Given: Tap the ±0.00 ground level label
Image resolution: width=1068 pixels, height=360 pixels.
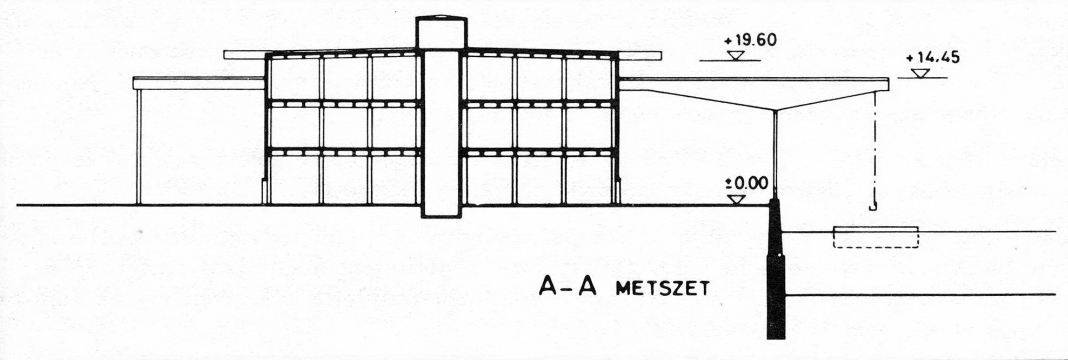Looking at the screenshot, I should click(746, 183).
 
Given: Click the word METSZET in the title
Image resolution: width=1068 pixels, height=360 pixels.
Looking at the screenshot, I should click(662, 289).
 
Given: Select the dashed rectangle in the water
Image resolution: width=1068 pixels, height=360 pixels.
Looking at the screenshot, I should click(876, 237).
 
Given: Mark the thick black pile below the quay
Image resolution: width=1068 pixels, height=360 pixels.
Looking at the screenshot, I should click(776, 281).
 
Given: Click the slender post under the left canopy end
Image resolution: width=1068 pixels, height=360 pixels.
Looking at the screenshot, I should click(139, 146).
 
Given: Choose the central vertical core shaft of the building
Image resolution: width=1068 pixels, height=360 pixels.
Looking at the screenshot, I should click(441, 135).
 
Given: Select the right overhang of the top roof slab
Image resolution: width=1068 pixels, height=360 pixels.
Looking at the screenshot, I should click(640, 55).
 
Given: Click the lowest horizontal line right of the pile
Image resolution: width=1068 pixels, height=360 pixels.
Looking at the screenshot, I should click(919, 295).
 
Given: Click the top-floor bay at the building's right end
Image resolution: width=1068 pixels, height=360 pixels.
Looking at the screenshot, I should click(589, 78).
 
